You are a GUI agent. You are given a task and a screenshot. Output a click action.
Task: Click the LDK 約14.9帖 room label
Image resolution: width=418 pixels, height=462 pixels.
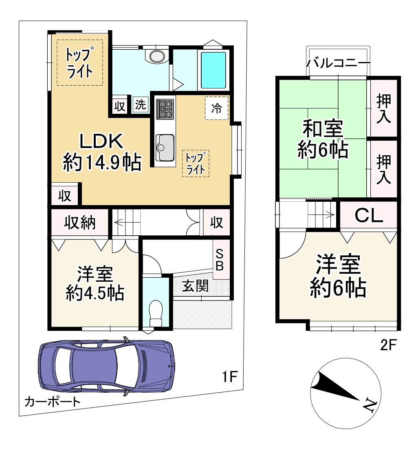102,152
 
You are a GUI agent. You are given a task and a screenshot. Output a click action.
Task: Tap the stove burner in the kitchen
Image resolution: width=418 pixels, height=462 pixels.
165,108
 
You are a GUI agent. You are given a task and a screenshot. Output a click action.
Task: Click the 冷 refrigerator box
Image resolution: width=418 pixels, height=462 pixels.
216,108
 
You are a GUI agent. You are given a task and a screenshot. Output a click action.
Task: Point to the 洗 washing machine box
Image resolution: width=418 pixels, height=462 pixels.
140,105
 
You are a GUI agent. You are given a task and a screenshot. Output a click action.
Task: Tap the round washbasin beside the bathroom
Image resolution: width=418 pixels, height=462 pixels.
156,55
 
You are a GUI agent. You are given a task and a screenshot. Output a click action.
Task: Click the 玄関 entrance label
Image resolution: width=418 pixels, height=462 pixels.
195,286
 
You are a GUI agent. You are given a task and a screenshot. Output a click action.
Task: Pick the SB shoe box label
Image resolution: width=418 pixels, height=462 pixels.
220,260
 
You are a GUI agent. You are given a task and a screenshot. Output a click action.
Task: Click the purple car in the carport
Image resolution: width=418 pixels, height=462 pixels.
107,366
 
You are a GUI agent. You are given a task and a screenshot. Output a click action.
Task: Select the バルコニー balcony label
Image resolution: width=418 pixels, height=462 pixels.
338,64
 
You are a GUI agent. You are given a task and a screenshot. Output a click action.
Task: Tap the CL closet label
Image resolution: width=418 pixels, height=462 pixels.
368,215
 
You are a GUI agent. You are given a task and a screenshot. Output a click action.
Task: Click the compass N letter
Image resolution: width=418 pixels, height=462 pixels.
370,405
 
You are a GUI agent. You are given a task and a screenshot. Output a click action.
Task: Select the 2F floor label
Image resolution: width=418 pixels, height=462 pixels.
388,345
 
